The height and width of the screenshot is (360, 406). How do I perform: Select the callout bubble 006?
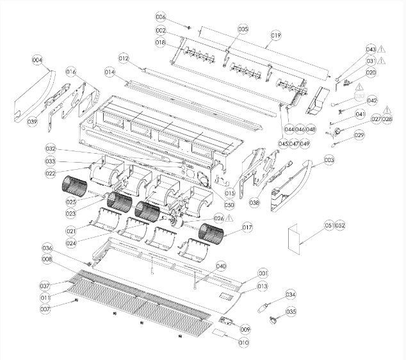pos(160,17)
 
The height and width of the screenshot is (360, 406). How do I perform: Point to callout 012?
pos(124,59)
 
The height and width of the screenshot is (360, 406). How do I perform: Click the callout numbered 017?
pos(247,226)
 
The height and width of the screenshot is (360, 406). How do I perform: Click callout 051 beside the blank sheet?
pos(329,225)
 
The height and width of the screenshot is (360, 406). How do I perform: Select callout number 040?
pos(221,266)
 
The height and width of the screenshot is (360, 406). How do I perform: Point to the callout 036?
pos(47,248)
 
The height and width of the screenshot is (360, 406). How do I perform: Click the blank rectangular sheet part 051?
pos(297,238)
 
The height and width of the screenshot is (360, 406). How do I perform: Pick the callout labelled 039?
pos(32,121)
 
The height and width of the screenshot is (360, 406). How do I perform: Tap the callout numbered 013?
pos(262,286)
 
